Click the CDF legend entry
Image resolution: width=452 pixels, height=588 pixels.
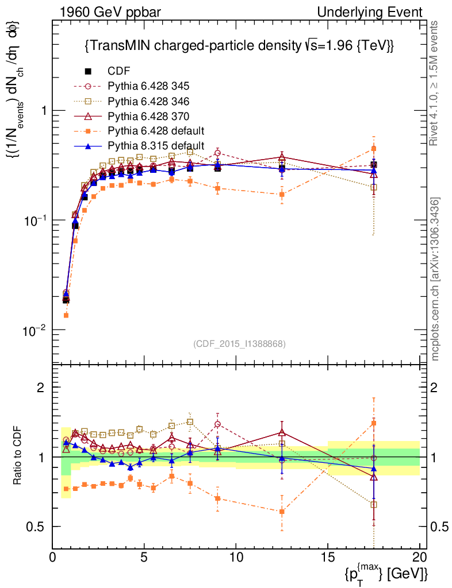coord(119,71)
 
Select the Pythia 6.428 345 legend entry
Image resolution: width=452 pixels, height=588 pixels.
coord(148,86)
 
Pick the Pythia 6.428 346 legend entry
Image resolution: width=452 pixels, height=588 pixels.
coord(148,101)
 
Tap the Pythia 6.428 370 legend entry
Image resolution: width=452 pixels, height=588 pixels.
coord(148,116)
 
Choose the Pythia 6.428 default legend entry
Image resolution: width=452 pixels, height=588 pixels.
coord(156,131)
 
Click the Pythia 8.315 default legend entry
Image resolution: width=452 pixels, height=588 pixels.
coord(156,146)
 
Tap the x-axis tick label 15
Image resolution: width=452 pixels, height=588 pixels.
coord(328,557)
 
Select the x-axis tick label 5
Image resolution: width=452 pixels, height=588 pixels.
coord(144,557)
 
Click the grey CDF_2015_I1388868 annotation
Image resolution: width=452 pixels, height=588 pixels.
coord(239,343)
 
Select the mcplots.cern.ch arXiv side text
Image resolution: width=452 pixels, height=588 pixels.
coord(435,279)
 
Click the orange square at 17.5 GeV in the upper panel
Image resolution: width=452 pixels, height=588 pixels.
coord(374,149)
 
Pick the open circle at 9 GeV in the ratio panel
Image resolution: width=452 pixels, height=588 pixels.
coord(217,424)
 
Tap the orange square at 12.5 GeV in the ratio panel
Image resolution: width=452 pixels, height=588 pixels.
coord(282,511)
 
